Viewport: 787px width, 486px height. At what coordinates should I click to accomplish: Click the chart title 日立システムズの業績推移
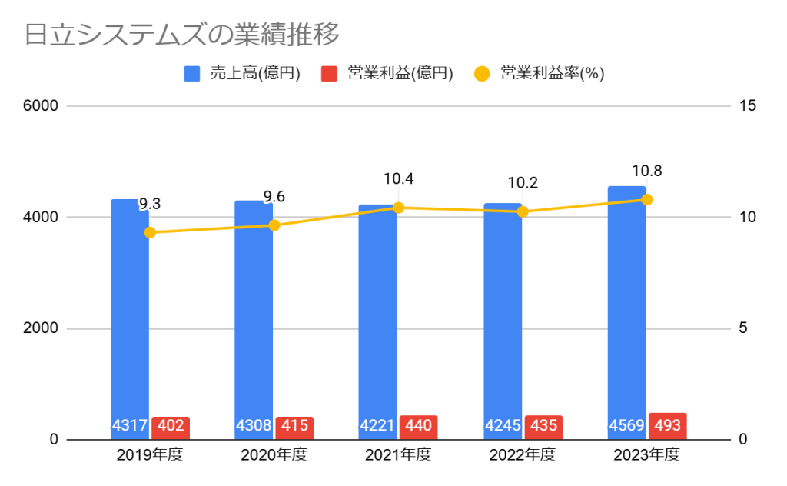pyautogui.click(x=181, y=35)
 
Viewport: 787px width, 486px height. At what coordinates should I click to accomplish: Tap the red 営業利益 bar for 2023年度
pyautogui.click(x=667, y=426)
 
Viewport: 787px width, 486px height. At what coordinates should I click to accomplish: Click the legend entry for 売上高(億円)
pyautogui.click(x=242, y=74)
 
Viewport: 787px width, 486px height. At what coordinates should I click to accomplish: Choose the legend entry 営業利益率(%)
pyautogui.click(x=539, y=74)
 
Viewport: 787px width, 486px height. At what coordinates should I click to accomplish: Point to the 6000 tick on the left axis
pyautogui.click(x=44, y=106)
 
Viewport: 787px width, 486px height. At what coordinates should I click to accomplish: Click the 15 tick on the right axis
pyautogui.click(x=747, y=106)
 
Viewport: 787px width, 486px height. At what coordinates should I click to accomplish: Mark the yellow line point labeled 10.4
pyautogui.click(x=398, y=208)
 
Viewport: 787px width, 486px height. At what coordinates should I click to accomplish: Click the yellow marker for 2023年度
pyautogui.click(x=646, y=199)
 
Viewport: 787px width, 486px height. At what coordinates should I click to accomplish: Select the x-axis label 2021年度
pyautogui.click(x=398, y=455)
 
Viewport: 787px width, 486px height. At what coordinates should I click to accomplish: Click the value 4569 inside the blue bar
pyautogui.click(x=627, y=426)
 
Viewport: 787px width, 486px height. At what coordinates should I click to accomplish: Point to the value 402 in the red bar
pyautogui.click(x=171, y=426)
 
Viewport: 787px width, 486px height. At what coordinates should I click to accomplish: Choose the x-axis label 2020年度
pyautogui.click(x=274, y=455)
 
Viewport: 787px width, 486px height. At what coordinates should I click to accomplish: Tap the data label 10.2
pyautogui.click(x=523, y=183)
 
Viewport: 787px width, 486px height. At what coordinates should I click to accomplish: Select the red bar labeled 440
pyautogui.click(x=419, y=426)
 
